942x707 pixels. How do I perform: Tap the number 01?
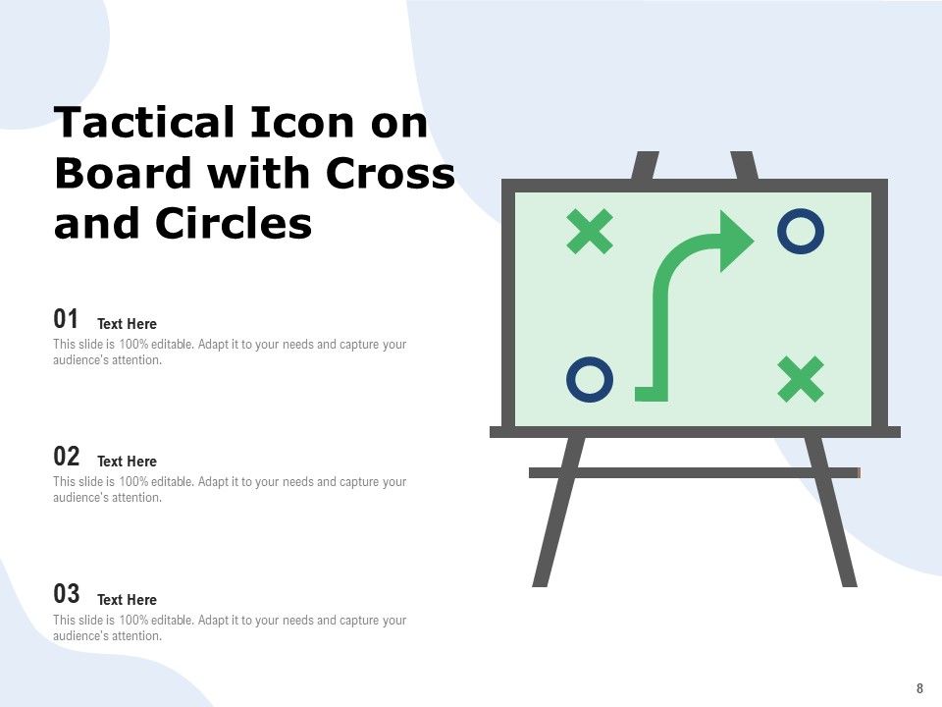pyautogui.click(x=66, y=319)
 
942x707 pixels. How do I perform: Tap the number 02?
pyautogui.click(x=66, y=457)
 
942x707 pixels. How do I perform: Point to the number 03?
pyautogui.click(x=66, y=594)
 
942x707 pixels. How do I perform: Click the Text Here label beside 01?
pyautogui.click(x=127, y=324)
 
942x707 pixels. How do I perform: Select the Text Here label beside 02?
pyautogui.click(x=127, y=462)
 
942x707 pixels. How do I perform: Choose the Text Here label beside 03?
pyautogui.click(x=127, y=600)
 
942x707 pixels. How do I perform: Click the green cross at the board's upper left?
pyautogui.click(x=591, y=232)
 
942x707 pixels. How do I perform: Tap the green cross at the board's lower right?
pyautogui.click(x=801, y=380)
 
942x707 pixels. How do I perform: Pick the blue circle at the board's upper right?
pyautogui.click(x=801, y=232)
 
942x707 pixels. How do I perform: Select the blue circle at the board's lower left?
pyautogui.click(x=591, y=380)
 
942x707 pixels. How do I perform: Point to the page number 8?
pyautogui.click(x=919, y=688)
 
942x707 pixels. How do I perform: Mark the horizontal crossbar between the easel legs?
pyautogui.click(x=694, y=472)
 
